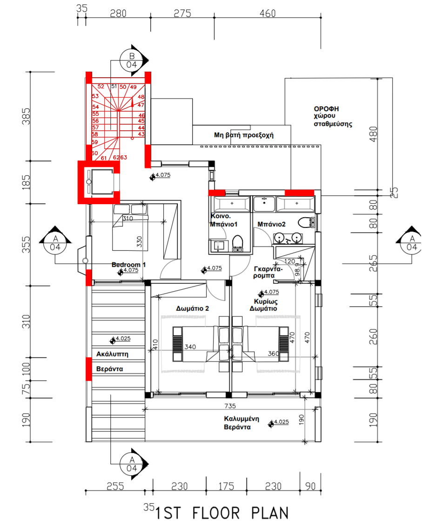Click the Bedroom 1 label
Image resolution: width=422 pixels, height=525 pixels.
click(x=128, y=265)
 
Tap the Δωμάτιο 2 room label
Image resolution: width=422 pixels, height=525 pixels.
click(x=193, y=308)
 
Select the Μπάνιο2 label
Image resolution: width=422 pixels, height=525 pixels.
click(x=271, y=224)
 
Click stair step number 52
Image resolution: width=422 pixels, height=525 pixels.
click(x=101, y=86)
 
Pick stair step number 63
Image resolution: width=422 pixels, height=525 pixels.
click(x=124, y=157)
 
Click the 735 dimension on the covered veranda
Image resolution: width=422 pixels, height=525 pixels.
click(x=230, y=406)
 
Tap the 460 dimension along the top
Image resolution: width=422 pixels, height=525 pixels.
click(x=268, y=13)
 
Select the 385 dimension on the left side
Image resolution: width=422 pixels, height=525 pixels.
click(x=26, y=116)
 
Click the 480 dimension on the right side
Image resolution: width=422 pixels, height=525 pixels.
click(x=373, y=134)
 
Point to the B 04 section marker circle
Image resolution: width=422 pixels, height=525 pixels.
click(x=131, y=60)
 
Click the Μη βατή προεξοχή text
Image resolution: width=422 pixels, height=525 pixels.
click(x=244, y=135)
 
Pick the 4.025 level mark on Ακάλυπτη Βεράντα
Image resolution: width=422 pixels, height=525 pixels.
click(x=120, y=339)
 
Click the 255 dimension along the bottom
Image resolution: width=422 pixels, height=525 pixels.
click(x=115, y=486)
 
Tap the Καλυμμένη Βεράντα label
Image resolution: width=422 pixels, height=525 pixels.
click(x=241, y=423)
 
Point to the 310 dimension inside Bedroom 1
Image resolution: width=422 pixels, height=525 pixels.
click(x=127, y=218)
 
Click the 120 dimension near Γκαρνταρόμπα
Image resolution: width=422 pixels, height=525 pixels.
click(x=289, y=261)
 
